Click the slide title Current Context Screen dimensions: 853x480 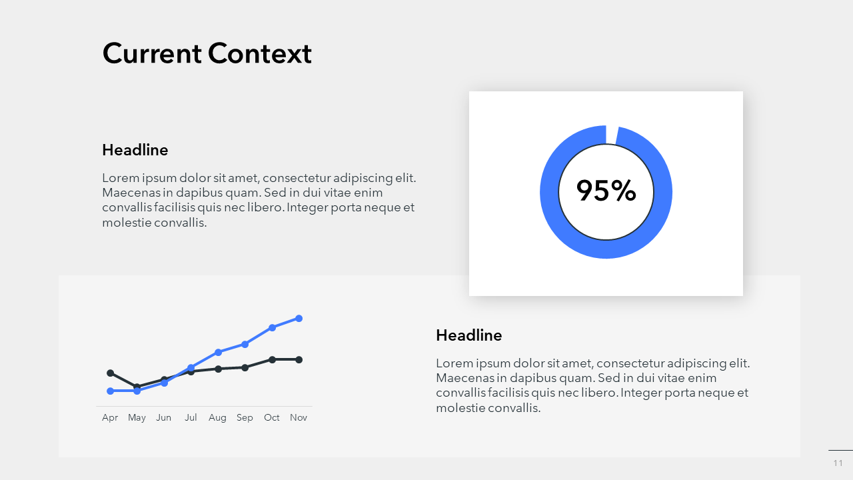(207, 53)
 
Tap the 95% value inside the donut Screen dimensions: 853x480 (606, 191)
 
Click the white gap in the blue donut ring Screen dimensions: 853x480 (612, 135)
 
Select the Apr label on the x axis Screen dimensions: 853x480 (110, 418)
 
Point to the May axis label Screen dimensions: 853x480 (137, 418)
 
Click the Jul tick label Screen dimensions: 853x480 (191, 417)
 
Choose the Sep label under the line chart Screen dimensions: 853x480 (245, 418)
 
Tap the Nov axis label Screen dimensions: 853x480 (299, 417)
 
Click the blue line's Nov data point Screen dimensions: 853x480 (299, 319)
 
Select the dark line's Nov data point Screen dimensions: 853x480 (299, 359)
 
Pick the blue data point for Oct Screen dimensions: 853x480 (272, 327)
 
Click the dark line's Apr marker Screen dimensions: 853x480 (111, 373)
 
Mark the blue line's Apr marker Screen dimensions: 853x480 (111, 391)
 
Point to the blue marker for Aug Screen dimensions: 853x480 (218, 353)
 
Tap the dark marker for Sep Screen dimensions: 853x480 (245, 367)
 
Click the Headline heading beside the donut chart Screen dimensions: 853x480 (135, 150)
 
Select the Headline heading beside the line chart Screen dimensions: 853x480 (468, 335)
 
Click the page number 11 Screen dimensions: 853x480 (838, 463)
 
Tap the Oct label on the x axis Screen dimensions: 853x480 (271, 417)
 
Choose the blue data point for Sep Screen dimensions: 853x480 (245, 345)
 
